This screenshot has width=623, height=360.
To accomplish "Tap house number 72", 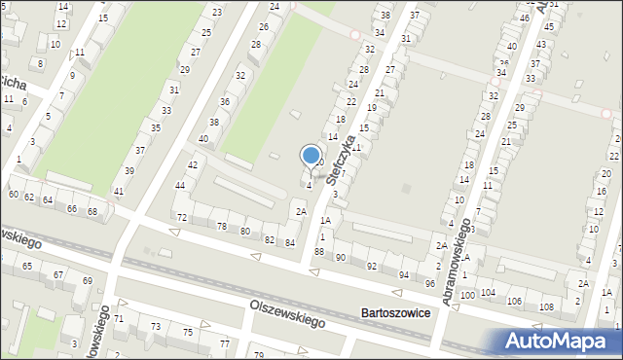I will tap(181, 216).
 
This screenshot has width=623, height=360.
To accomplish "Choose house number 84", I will tap(290, 242).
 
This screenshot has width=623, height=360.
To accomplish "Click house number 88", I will tap(319, 252).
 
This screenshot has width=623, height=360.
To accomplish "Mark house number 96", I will tap(430, 283).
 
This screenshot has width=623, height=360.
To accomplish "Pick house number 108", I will tap(546, 307).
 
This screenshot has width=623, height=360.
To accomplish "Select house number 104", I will tap(488, 292).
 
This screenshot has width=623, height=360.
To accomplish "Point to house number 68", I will tap(92, 211).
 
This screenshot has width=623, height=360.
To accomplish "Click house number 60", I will tap(13, 195).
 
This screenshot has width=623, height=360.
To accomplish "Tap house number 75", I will tap(188, 333).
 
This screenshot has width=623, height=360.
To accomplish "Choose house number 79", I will tap(259, 354).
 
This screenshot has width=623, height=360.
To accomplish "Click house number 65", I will tap(26, 266).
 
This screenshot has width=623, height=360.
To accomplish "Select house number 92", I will tap(371, 266).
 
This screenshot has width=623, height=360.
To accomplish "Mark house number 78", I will tap(221, 226).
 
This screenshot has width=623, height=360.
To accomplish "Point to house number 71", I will tap(119, 318).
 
